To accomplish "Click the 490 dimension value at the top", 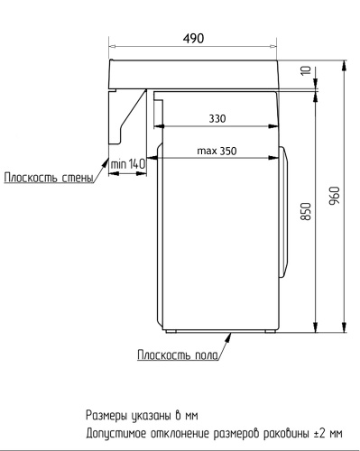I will [193, 38].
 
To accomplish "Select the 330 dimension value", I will [217, 118].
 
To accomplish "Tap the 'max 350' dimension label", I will [217, 151].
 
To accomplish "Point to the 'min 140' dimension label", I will [127, 163].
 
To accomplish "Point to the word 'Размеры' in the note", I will [107, 416].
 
